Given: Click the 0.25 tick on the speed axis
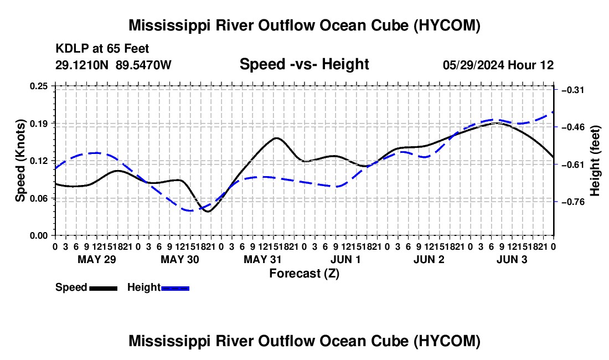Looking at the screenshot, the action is coord(38,86).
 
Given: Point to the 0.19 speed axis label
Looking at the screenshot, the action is coord(38,124).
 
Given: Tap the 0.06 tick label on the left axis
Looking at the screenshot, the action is coord(38,198).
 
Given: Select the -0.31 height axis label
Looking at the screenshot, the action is coord(573,90).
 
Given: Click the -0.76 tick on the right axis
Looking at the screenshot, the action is coord(573,202).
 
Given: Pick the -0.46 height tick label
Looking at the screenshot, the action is coord(573,127).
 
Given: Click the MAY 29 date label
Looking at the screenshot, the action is coord(97,259).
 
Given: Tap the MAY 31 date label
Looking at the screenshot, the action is coord(262,259).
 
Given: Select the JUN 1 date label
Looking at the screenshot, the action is coord(345,259).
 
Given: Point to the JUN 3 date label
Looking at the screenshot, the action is coord(512,259).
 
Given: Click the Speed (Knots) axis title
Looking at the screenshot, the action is coord(20,161).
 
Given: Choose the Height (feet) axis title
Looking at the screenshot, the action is coord(595,161).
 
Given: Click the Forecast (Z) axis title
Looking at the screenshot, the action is coord(304,274).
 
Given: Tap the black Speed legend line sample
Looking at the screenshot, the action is coord(104,288).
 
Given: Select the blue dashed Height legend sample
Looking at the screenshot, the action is coord(175,288).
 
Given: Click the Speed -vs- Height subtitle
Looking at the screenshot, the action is coord(304,64).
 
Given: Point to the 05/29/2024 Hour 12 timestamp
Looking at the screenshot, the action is coord(498,65).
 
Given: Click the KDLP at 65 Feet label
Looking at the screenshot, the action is coord(102,49).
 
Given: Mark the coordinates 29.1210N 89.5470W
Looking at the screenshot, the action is coord(113,65).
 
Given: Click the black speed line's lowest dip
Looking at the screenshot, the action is coord(208,212).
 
